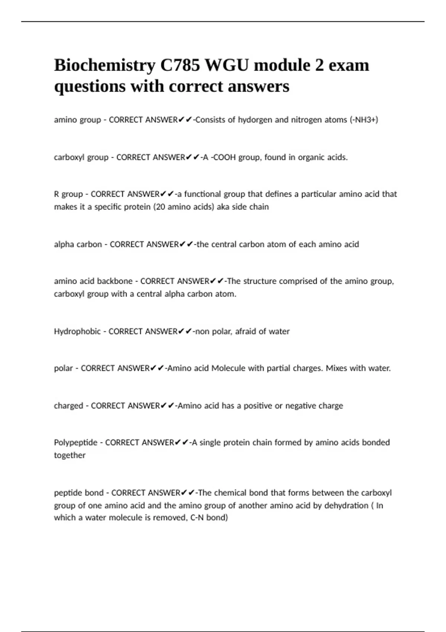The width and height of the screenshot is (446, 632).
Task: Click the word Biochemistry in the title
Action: click(104, 65)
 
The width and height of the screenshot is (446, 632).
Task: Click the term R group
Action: click(68, 194)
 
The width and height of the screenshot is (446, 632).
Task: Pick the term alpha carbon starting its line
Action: click(78, 244)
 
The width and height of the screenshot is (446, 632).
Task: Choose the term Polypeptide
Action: click(76, 442)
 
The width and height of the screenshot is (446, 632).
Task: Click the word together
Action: click(70, 455)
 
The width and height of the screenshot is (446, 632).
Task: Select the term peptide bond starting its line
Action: click(79, 493)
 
